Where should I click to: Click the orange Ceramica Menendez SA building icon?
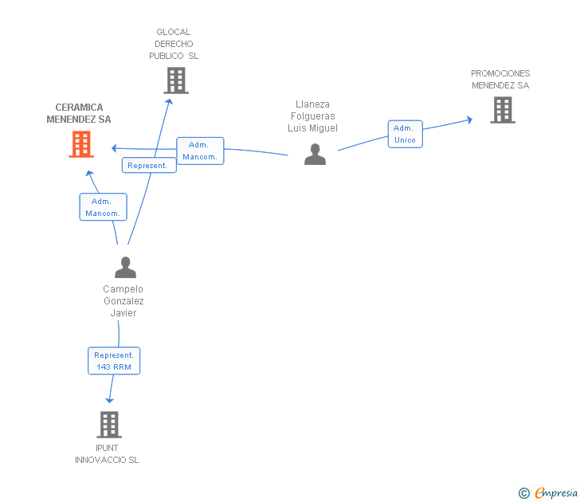pos(80,144)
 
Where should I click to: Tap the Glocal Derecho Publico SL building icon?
pos(175,80)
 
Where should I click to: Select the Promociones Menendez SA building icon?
pos(502,110)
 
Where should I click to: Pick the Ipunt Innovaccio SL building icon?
pos(109,425)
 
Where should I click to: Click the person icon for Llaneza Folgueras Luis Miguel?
pos(315,154)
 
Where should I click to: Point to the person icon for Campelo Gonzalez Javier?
pos(125,267)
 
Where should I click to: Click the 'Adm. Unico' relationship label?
pos(405,134)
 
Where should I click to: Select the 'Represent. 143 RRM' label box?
pos(114,361)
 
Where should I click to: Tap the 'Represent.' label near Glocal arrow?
pos(149,165)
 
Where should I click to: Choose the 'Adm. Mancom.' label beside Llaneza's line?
pos(200,151)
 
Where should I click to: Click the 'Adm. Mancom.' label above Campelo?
pos(103,207)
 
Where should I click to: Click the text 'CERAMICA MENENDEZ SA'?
pos(79,113)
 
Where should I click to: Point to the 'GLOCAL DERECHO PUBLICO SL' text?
pos(174,44)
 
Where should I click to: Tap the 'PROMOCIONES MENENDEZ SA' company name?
pos(500,80)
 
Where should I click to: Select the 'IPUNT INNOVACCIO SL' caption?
pos(107,454)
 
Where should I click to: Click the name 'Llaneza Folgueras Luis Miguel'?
pos(312,116)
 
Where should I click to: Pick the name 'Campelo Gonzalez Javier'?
pos(123,300)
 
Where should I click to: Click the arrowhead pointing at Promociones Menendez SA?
pos(469,120)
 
